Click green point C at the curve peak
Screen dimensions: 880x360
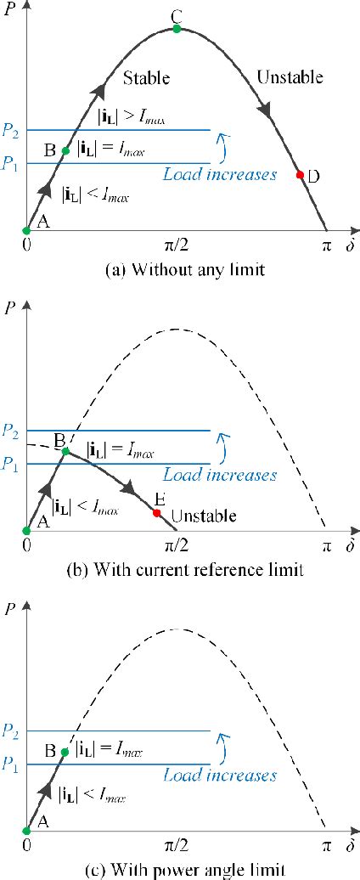pos(177,29)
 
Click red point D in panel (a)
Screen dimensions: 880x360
pos(299,175)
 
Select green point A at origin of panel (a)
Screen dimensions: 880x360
pos(27,229)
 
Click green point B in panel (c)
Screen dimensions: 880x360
pos(65,752)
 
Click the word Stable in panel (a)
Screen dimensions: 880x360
pos(147,78)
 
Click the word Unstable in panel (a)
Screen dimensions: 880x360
pos(290,78)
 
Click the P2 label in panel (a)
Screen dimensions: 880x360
pos(10,130)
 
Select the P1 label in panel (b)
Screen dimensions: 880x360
pos(10,464)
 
